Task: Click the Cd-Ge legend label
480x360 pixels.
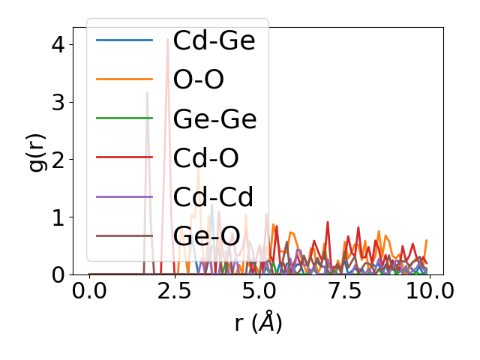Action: [214, 40]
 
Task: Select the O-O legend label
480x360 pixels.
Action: [198, 79]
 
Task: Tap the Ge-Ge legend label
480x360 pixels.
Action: [214, 118]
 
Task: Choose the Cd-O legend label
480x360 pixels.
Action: [205, 158]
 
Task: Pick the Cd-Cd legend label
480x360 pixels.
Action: [212, 197]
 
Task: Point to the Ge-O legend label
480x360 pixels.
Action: [205, 236]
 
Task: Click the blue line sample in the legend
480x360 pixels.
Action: [124, 40]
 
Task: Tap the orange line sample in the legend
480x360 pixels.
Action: [124, 79]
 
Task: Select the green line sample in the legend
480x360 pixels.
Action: [124, 118]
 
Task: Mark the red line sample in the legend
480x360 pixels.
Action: [124, 158]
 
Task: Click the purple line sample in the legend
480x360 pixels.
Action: [124, 197]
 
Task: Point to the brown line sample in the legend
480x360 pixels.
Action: [124, 236]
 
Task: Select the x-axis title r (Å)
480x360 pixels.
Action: [258, 322]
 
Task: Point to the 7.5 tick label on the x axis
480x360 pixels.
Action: [344, 291]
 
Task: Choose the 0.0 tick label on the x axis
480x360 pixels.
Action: [89, 291]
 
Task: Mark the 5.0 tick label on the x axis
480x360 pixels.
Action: [259, 291]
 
